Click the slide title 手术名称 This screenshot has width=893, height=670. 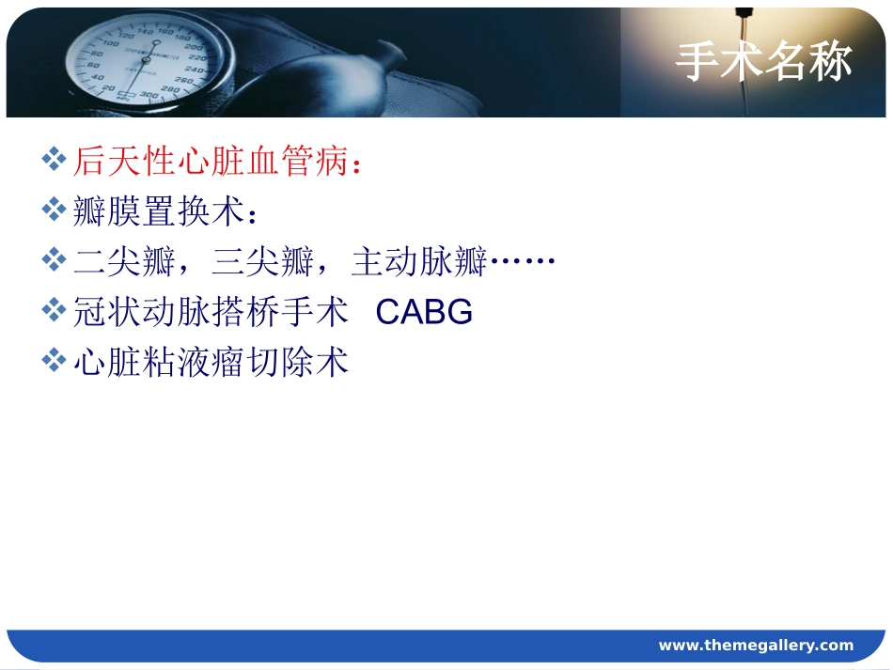(763, 62)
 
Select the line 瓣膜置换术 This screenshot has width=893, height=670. (157, 212)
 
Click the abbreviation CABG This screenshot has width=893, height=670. (424, 313)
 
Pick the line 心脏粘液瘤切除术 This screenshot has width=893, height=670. (211, 363)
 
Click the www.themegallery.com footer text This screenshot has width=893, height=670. (756, 646)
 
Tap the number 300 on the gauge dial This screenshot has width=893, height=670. (149, 98)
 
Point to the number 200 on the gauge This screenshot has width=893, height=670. (196, 47)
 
